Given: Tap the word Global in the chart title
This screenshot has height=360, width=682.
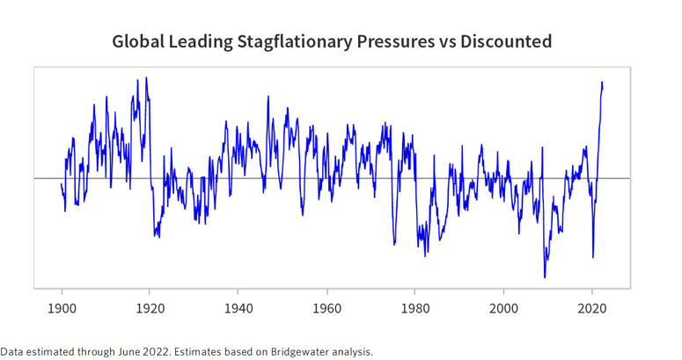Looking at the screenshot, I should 139,41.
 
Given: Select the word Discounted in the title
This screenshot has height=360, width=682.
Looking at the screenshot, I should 507,41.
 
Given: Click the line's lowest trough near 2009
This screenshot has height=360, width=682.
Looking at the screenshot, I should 546,277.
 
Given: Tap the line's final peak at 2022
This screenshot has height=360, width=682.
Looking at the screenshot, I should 602,82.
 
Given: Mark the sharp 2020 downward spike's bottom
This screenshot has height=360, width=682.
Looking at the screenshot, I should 593,257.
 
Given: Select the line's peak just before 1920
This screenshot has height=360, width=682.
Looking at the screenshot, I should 146,77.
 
